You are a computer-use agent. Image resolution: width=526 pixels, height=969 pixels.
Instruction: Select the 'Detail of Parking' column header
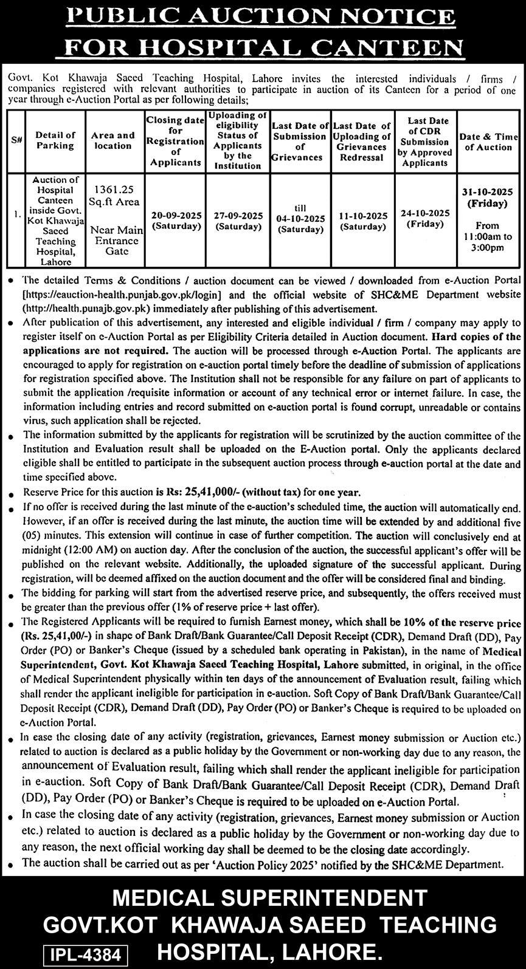click(55, 140)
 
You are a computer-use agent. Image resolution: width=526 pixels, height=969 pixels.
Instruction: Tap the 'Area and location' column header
click(113, 140)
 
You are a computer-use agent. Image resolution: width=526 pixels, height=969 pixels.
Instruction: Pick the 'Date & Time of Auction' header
click(488, 142)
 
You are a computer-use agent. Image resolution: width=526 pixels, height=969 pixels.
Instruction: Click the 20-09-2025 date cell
click(176, 216)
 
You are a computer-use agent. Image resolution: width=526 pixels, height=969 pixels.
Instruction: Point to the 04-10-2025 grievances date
click(300, 219)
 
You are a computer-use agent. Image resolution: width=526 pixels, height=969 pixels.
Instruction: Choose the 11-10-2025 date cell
click(362, 216)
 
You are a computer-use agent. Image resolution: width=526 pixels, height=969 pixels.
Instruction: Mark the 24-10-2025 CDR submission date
click(425, 213)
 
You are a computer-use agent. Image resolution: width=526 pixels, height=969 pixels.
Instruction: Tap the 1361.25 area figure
click(112, 190)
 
